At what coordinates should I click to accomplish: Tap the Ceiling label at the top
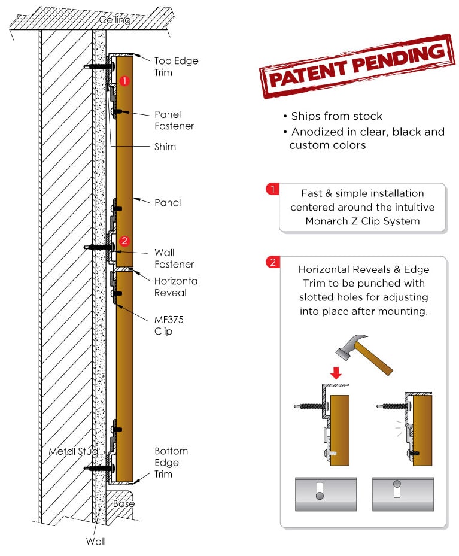coord(114,20)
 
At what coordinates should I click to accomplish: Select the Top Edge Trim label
coord(176,66)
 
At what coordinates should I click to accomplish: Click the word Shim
coord(165,147)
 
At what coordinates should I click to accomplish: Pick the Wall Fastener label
coord(174,258)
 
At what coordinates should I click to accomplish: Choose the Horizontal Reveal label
coord(177,287)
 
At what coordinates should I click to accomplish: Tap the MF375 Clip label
coord(169,325)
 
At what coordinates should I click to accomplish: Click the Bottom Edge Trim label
coord(171,462)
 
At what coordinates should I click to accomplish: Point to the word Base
coord(124,503)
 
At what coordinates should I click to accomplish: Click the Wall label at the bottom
coord(96,542)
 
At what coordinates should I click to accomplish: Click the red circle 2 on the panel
coord(124,241)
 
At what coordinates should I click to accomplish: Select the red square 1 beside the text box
coord(272,190)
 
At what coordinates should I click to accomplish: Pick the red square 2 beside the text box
coord(272,262)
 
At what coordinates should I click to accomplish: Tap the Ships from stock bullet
coord(336,116)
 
